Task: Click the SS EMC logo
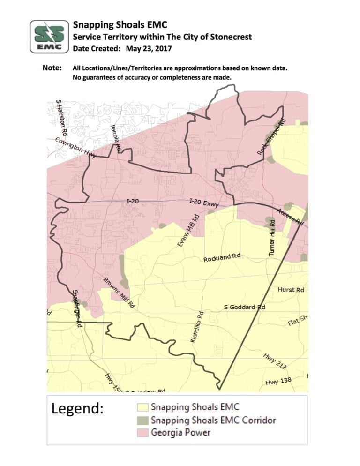coord(49,36)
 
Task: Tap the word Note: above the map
coord(52,68)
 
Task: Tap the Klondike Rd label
coord(196,327)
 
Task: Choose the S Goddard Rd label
coord(245,307)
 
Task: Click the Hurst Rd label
coord(291,290)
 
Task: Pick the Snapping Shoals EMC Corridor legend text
coord(213,420)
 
